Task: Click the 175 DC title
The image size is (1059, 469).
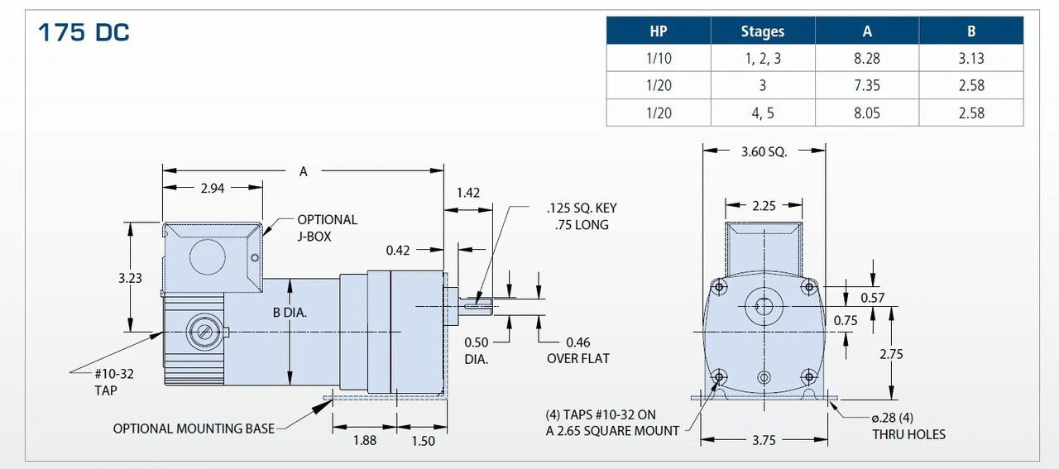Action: tap(84, 33)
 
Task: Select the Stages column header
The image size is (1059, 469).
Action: tap(762, 31)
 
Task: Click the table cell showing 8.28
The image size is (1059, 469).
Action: tap(866, 59)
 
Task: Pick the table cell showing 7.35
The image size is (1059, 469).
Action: tap(866, 86)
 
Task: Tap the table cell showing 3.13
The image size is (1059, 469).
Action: tap(970, 59)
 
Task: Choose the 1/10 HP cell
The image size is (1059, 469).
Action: tap(659, 59)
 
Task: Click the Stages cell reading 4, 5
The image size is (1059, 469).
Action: tap(762, 113)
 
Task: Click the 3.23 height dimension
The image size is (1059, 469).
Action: tap(129, 278)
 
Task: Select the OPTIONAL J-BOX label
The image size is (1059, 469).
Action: tap(327, 227)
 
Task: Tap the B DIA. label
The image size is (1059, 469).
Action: tap(290, 313)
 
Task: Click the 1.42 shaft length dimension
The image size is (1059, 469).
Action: tap(468, 193)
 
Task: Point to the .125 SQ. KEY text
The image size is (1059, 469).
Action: tap(581, 208)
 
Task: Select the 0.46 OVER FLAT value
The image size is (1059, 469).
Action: tap(577, 342)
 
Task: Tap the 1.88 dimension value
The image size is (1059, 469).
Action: tap(365, 441)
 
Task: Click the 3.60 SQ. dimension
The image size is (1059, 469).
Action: tap(764, 151)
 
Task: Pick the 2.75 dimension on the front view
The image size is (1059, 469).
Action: tap(891, 354)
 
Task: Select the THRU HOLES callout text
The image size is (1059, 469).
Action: tap(908, 434)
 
